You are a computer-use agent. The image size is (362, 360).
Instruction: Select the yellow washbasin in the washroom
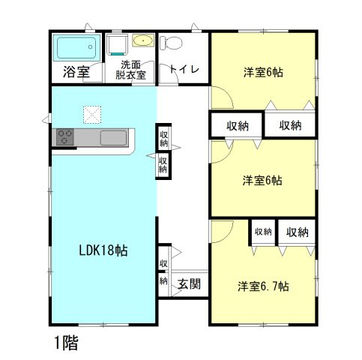pos(142,40)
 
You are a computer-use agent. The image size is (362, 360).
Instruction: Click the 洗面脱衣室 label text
pos(132,70)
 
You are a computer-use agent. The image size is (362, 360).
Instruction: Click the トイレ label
pos(184,70)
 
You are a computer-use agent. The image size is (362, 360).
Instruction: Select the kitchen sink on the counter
pos(115,137)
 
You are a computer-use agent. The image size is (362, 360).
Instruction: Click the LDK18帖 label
pos(103,250)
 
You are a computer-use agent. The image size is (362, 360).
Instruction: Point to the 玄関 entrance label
pos(189,283)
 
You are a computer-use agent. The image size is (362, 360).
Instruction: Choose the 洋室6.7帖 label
pos(264,286)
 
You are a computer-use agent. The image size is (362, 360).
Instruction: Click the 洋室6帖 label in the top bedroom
pos(262,73)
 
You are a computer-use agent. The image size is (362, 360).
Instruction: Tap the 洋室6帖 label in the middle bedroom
pos(262,180)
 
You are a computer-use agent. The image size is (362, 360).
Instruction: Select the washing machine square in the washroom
pos(116,45)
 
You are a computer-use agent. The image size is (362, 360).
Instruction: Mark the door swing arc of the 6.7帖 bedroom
pos(220,231)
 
